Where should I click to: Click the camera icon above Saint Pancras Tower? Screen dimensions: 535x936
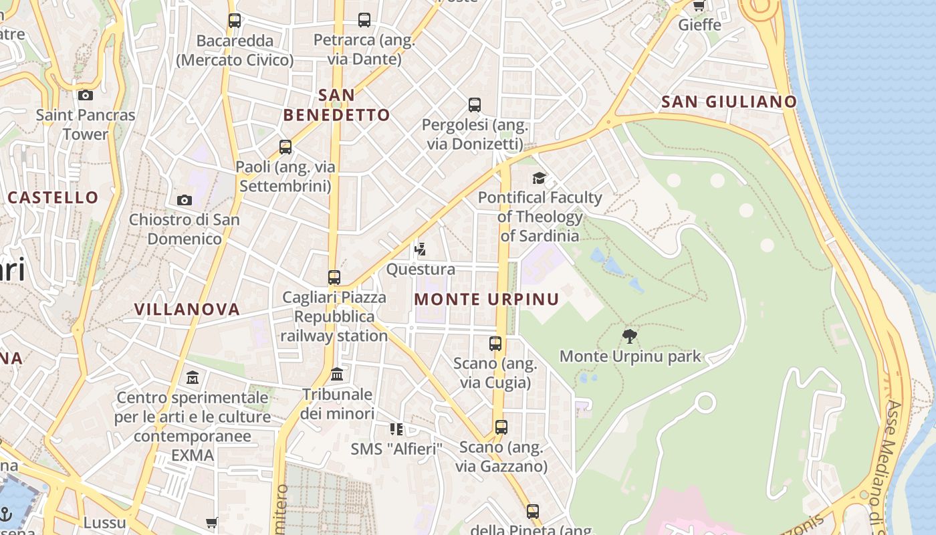pyautogui.click(x=85, y=95)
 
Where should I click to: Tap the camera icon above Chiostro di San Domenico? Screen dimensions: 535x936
pyautogui.click(x=184, y=200)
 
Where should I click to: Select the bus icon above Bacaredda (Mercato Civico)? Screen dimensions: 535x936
pyautogui.click(x=234, y=21)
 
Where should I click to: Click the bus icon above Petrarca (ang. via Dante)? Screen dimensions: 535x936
pyautogui.click(x=364, y=20)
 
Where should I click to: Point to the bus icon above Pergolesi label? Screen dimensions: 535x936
pyautogui.click(x=474, y=105)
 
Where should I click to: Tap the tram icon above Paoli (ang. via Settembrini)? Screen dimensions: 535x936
pyautogui.click(x=285, y=147)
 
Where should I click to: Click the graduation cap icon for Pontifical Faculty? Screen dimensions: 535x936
pyautogui.click(x=539, y=178)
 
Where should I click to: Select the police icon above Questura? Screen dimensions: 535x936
pyautogui.click(x=420, y=250)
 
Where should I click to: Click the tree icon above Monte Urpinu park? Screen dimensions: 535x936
pyautogui.click(x=629, y=336)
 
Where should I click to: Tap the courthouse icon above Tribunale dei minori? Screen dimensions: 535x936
pyautogui.click(x=337, y=374)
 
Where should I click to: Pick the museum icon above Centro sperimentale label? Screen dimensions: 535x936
pyautogui.click(x=193, y=378)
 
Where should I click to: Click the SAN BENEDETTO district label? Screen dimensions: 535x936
pyautogui.click(x=336, y=105)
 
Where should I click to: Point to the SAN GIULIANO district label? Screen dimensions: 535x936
pyautogui.click(x=729, y=102)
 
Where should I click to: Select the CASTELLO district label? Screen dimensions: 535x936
pyautogui.click(x=53, y=197)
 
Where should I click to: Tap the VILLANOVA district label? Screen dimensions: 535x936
pyautogui.click(x=187, y=309)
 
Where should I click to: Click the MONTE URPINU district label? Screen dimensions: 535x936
pyautogui.click(x=486, y=299)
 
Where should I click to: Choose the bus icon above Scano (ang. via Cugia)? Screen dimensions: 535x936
pyautogui.click(x=495, y=344)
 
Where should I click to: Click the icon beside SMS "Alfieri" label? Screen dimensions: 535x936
pyautogui.click(x=396, y=429)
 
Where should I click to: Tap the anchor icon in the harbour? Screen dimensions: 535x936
pyautogui.click(x=6, y=514)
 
